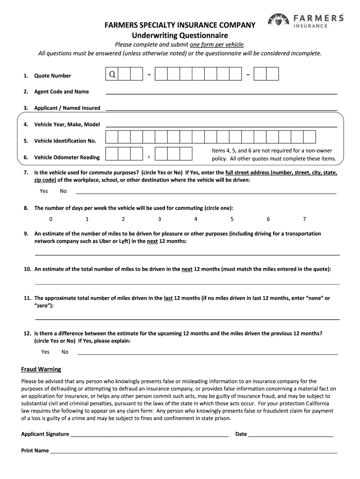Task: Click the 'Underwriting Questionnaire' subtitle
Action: pyautogui.click(x=180, y=35)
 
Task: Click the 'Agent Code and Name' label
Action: pyautogui.click(x=61, y=92)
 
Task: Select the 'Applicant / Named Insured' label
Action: pyautogui.click(x=67, y=108)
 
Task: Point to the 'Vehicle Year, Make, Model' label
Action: pyautogui.click(x=67, y=124)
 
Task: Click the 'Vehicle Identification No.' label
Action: pyautogui.click(x=65, y=141)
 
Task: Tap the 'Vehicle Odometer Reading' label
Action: pyautogui.click(x=67, y=157)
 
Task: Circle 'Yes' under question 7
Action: pyautogui.click(x=44, y=191)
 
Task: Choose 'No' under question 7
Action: pyautogui.click(x=63, y=191)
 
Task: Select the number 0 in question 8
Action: pyautogui.click(x=50, y=219)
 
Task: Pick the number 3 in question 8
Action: pyautogui.click(x=159, y=219)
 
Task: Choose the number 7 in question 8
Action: pyautogui.click(x=304, y=219)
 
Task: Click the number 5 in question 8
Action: pyautogui.click(x=232, y=219)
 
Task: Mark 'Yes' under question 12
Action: pyautogui.click(x=45, y=352)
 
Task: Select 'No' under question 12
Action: pyautogui.click(x=65, y=352)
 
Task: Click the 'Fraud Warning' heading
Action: pyautogui.click(x=41, y=369)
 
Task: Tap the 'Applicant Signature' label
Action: pyautogui.click(x=45, y=434)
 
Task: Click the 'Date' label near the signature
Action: pyautogui.click(x=241, y=434)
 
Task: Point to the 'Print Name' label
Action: pyautogui.click(x=35, y=450)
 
